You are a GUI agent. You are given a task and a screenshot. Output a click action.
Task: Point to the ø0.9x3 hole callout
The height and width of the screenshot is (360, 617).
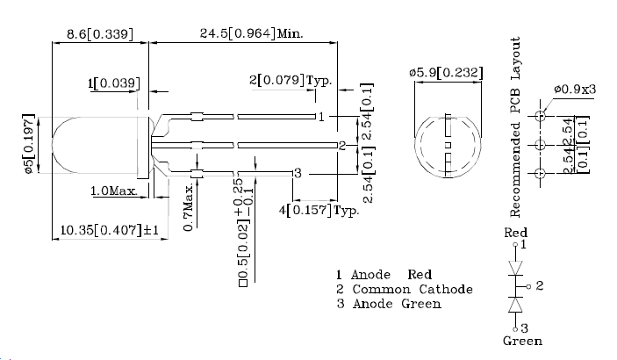click(575, 90)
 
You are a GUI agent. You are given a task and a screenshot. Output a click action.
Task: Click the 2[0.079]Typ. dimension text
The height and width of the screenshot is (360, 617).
click(290, 81)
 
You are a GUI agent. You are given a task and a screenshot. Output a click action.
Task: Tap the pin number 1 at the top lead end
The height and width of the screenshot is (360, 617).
click(322, 116)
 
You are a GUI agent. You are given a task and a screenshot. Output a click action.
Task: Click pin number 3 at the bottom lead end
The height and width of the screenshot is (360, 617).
click(298, 174)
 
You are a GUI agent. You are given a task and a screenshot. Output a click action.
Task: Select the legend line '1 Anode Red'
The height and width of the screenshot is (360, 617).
click(384, 275)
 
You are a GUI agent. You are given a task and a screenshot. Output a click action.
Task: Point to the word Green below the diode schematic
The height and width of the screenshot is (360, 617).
click(522, 341)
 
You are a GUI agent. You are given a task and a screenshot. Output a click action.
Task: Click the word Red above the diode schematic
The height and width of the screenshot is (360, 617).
click(515, 233)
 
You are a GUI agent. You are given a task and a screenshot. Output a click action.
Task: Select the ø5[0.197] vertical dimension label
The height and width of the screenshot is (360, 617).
click(28, 146)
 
